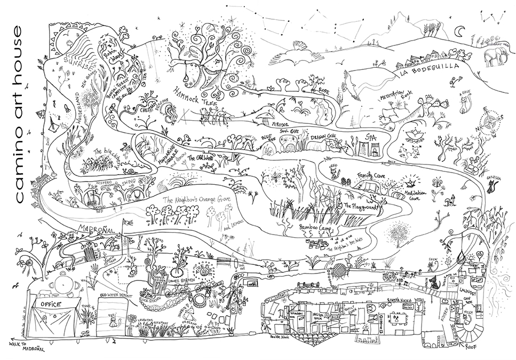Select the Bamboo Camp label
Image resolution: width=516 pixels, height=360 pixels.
(315, 228)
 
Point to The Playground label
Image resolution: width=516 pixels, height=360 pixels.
(361, 205)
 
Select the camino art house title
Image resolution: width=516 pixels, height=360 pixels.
(20, 113)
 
